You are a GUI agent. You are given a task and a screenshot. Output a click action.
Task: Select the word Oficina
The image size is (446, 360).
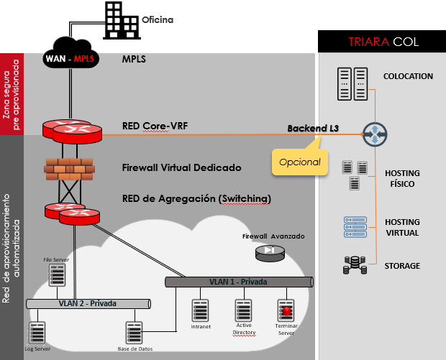coord(158,19)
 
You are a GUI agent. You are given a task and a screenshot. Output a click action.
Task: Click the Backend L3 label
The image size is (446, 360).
coord(313,128)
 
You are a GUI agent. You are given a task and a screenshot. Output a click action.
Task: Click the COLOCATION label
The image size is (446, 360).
coord(408,76)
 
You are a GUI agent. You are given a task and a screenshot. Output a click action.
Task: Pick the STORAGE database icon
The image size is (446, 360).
coord(352,266)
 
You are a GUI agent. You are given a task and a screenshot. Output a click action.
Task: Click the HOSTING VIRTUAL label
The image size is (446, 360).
coord(402,228)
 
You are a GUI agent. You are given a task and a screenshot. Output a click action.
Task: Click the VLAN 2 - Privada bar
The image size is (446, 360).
coord(86,304)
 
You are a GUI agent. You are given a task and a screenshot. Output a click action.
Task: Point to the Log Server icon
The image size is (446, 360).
coord(37,333)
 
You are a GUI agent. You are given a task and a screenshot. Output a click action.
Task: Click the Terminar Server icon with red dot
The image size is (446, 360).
coord(287,310)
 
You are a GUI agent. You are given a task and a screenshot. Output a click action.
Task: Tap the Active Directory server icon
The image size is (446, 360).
coord(244,310)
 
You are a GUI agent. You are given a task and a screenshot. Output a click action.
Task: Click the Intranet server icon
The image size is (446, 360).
coord(201,310)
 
